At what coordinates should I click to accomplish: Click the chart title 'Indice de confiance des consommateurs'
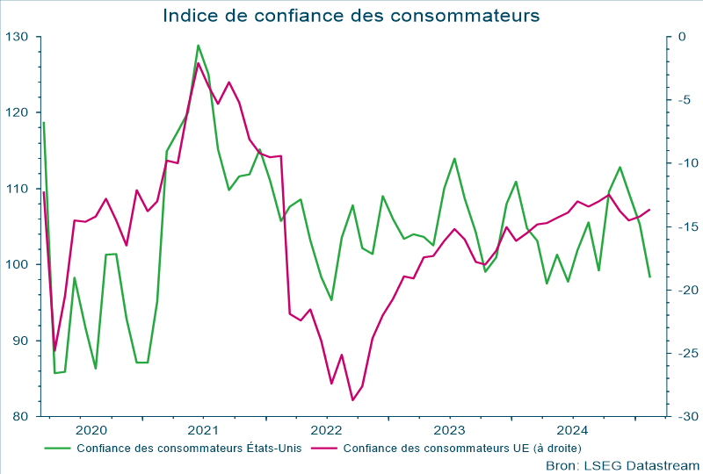pyautogui.click(x=351, y=16)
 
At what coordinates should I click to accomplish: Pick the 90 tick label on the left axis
pyautogui.click(x=20, y=341)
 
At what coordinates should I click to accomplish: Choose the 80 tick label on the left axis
pyautogui.click(x=20, y=416)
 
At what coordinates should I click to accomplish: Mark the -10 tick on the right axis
pyautogui.click(x=685, y=163)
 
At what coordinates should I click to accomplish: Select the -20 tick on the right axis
pyautogui.click(x=685, y=290)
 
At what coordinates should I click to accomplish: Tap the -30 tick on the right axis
pyautogui.click(x=685, y=416)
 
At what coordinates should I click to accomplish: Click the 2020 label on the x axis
pyautogui.click(x=91, y=430)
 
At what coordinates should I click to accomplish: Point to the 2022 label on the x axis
pyautogui.click(x=326, y=430)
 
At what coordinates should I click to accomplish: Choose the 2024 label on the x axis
pyautogui.click(x=572, y=430)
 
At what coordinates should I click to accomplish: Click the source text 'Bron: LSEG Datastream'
pyautogui.click(x=622, y=464)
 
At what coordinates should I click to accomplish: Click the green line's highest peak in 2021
pyautogui.click(x=198, y=46)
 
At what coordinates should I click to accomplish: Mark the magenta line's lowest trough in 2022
pyautogui.click(x=352, y=400)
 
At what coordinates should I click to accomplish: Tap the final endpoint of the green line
pyautogui.click(x=649, y=277)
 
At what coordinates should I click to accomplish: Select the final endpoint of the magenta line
pyautogui.click(x=649, y=210)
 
